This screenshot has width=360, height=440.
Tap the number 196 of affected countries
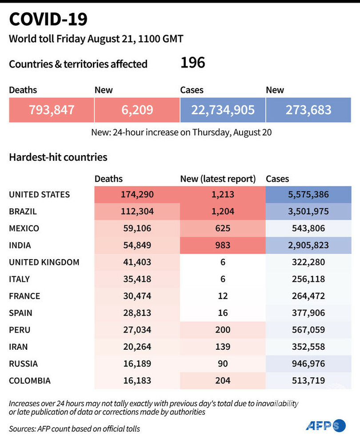tap(192, 63)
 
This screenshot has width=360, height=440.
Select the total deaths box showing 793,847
tap(52, 110)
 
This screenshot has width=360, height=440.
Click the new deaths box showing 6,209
tap(137, 110)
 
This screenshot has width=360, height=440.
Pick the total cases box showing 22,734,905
tap(223, 110)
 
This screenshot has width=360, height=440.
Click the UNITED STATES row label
tap(40, 195)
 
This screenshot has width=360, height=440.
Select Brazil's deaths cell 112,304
tap(137, 212)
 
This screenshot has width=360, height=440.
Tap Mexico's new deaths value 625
tap(223, 228)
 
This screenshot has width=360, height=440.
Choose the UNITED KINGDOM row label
tap(44, 262)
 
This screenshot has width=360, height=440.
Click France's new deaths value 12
tap(223, 296)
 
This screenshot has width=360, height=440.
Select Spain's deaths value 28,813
tap(137, 313)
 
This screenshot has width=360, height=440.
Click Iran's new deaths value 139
tap(223, 347)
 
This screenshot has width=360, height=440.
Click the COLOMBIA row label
tap(30, 380)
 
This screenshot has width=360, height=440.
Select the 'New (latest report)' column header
tap(218, 179)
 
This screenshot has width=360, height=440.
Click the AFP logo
tap(326, 425)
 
